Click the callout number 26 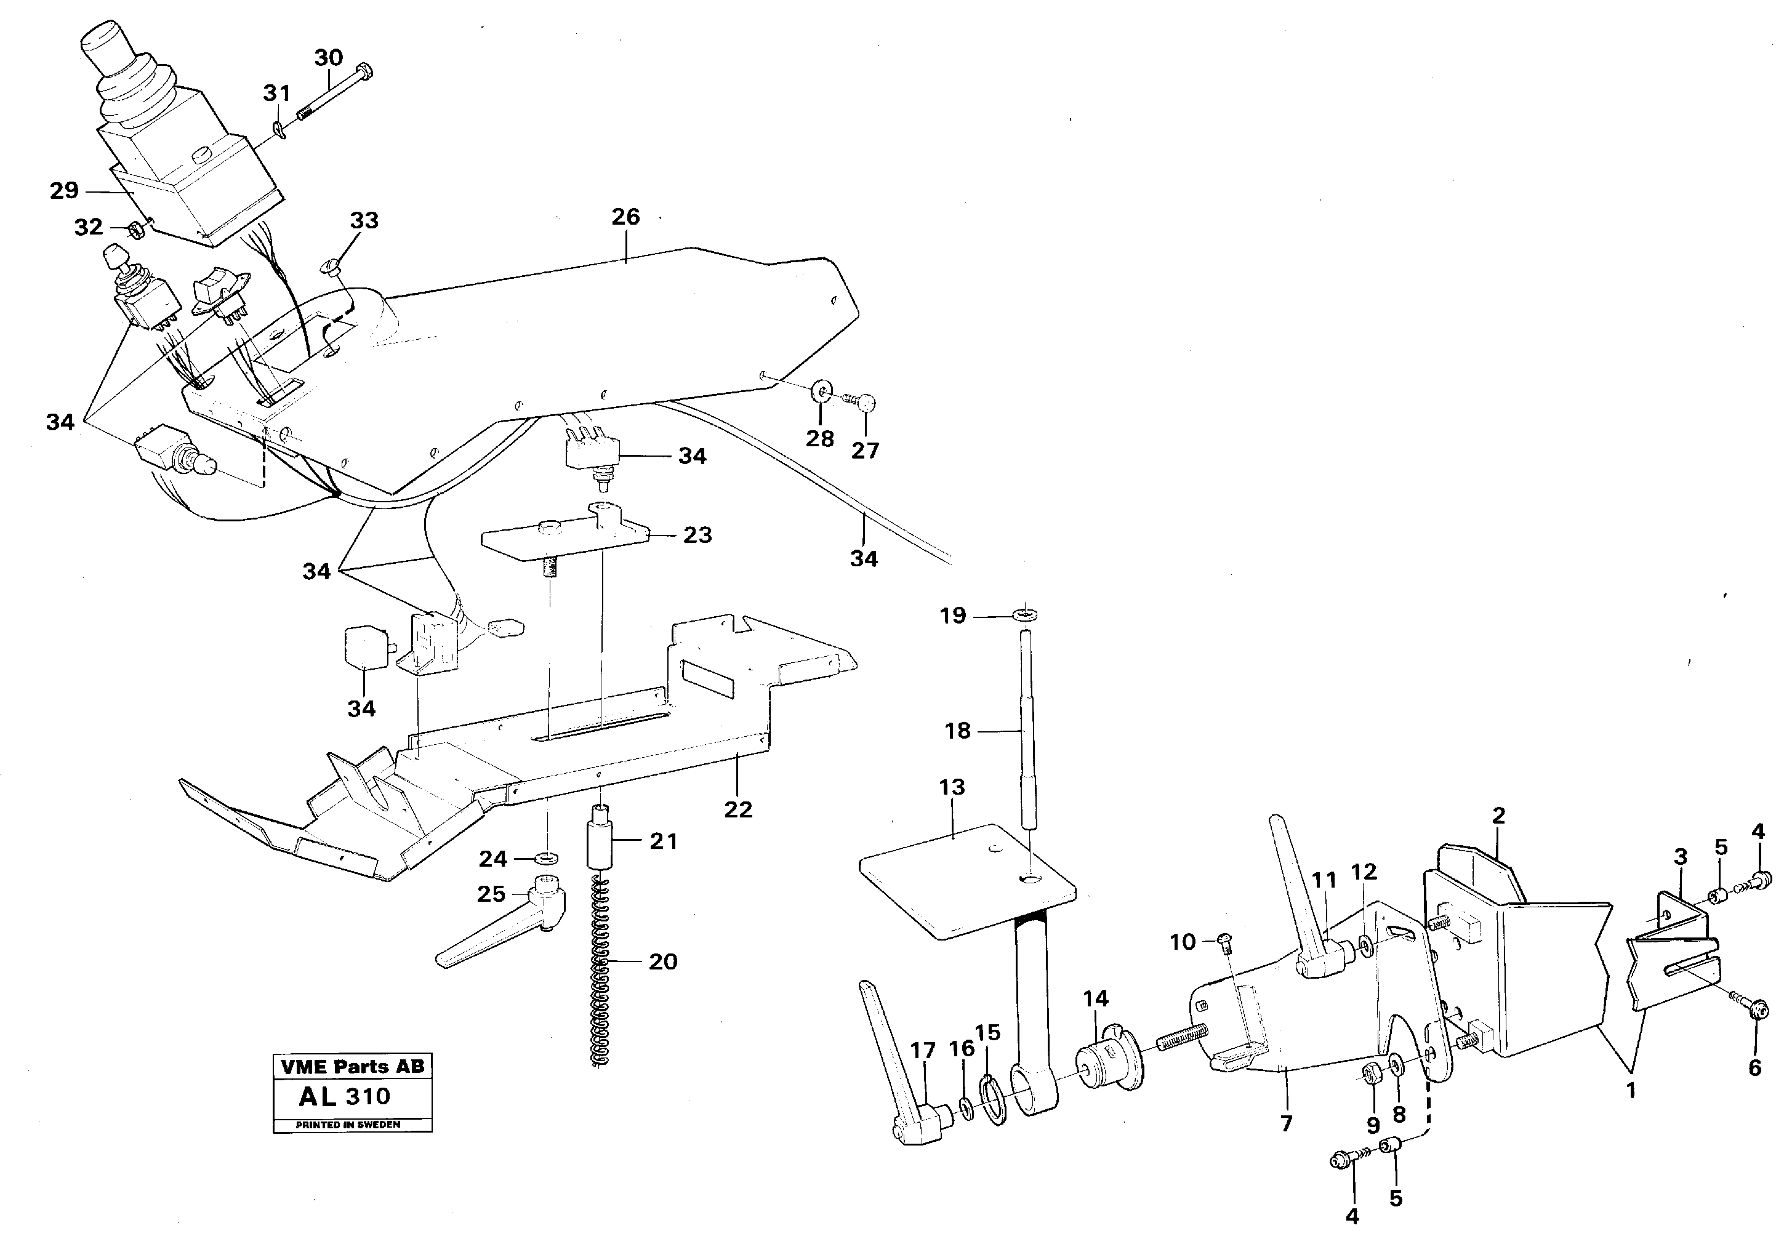[x=625, y=217]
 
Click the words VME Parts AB [x=352, y=1067]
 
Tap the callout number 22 [x=738, y=809]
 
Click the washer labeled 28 [x=820, y=393]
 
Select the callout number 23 [x=697, y=534]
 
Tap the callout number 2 [x=1498, y=816]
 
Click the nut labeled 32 [x=133, y=228]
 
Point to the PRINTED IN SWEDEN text [x=348, y=1125]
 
